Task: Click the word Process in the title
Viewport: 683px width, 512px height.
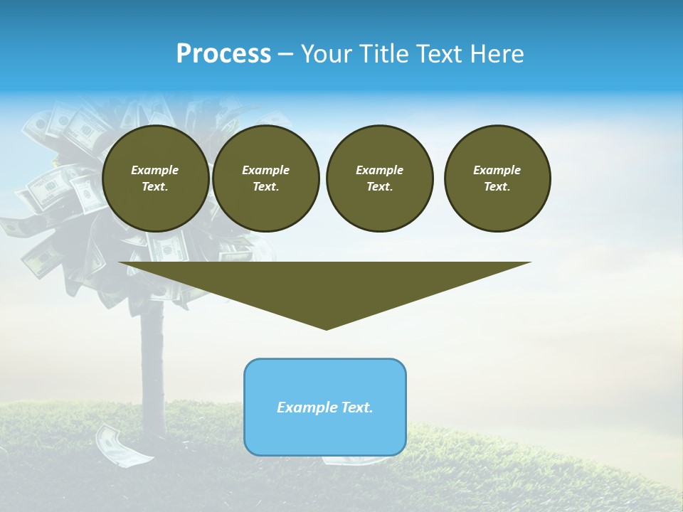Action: coord(223,54)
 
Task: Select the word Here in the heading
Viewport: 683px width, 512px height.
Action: coord(496,54)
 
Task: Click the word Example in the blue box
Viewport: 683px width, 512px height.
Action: coord(305,407)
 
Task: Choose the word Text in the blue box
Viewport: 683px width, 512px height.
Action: coord(355,407)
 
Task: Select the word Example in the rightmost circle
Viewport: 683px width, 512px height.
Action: coord(497,170)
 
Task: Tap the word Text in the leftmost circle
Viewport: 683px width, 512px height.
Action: coord(155,187)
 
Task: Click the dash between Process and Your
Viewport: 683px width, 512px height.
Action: coord(285,54)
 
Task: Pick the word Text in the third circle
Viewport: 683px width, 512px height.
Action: coord(379,187)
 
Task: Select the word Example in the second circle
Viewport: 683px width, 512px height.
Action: coord(265,170)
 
